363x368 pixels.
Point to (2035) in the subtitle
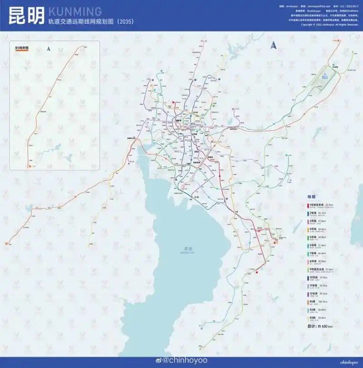124,21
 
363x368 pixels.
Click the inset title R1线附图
21,48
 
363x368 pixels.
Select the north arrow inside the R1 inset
48,49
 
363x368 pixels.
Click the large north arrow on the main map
273,44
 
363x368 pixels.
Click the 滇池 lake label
185,248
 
